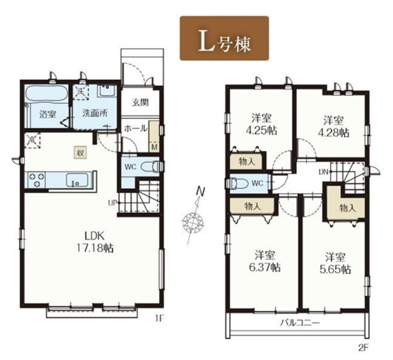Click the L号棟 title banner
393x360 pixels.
(224, 38)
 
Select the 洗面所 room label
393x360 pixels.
(95, 113)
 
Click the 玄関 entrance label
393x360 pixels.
(141, 102)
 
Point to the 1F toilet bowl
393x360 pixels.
(149, 166)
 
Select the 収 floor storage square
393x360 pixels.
(80, 153)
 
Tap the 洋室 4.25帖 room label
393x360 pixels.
(260, 123)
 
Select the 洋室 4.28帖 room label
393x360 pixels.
(333, 126)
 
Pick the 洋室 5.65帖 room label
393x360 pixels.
(335, 263)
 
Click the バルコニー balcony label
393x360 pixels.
(300, 322)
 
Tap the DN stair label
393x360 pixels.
(324, 172)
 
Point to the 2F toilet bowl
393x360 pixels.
(236, 183)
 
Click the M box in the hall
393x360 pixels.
(154, 147)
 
